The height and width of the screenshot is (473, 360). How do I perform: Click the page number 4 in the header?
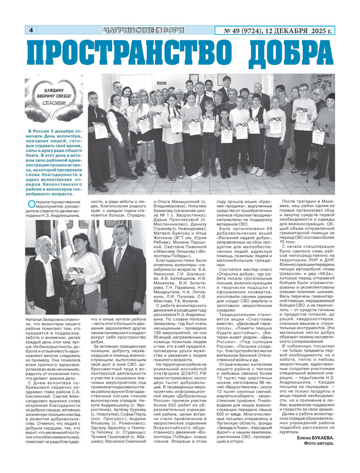click(x=31, y=30)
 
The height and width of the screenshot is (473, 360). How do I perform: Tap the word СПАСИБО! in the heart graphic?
click(x=54, y=103)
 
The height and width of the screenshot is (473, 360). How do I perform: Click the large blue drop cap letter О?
click(x=31, y=204)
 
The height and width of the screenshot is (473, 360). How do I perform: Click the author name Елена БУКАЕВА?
click(x=315, y=437)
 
